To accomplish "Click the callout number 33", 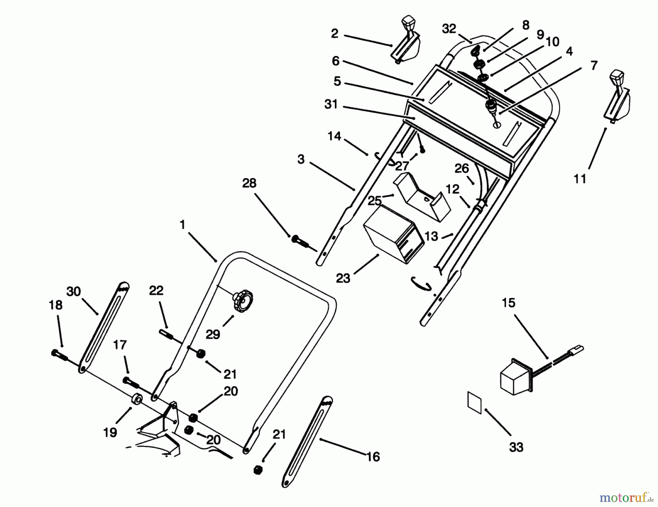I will coord(516,447).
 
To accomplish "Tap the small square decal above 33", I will coord(474,402).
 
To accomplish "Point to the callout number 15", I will coord(508,303).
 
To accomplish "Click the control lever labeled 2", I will coord(406,44).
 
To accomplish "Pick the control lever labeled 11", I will coord(618,97).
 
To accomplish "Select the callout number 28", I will coord(249,183).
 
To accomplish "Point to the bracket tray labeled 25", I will coord(422,197).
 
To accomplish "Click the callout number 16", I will coord(373,457).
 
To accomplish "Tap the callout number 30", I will coord(73,292).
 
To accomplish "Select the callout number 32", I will coord(449,29).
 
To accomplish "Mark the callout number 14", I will coord(334,136).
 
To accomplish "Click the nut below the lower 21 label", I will coord(258,470).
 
